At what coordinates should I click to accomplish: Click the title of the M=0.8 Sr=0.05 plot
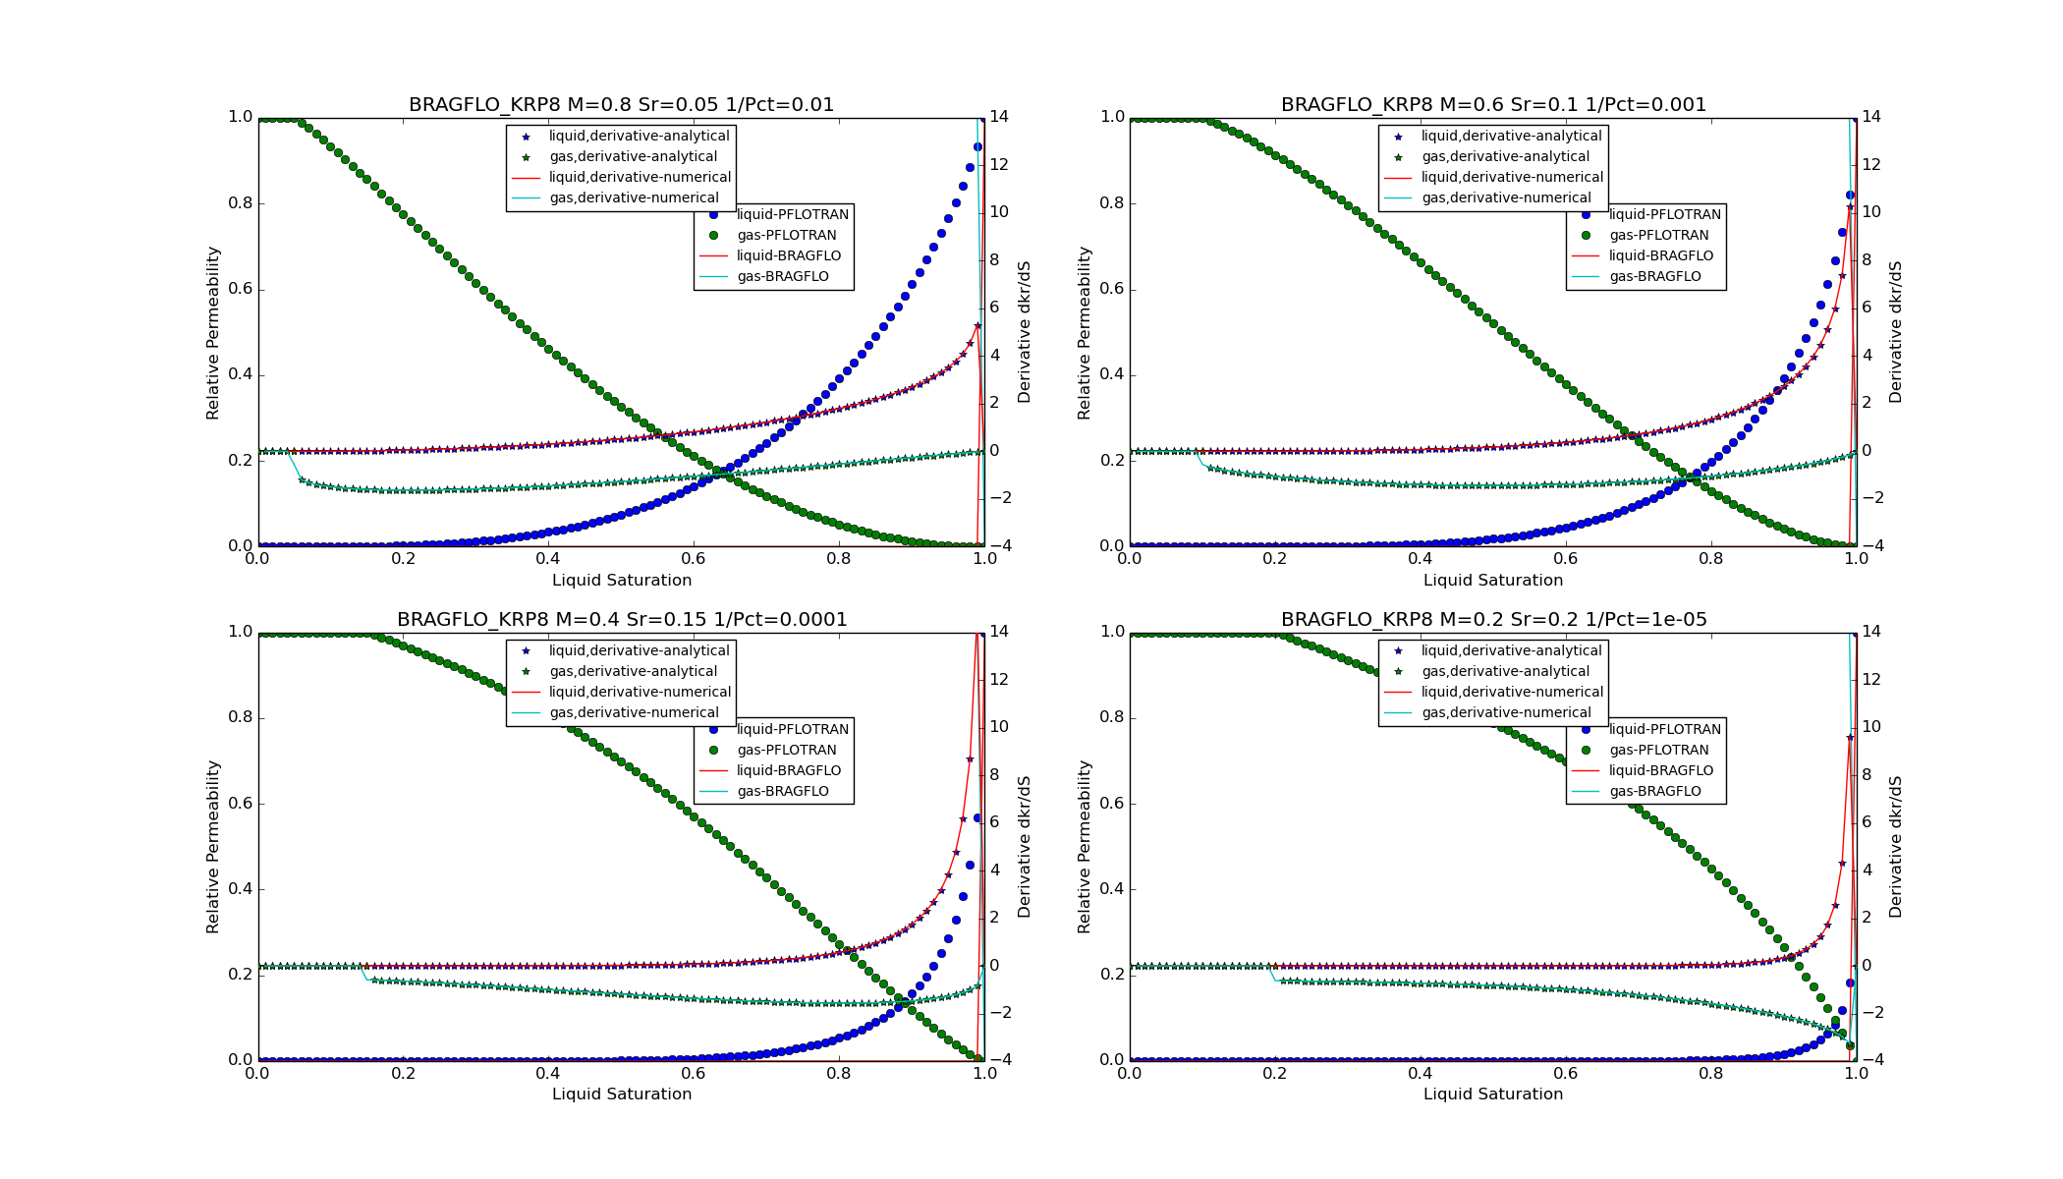point(621,105)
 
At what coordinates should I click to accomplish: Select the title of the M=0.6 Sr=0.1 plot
point(1493,105)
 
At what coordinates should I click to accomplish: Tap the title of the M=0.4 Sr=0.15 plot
point(621,620)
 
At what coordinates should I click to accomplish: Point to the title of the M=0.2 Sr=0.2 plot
point(1493,620)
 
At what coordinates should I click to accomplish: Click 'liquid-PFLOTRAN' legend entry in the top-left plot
point(792,215)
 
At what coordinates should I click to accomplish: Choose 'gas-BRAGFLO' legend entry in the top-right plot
point(1654,277)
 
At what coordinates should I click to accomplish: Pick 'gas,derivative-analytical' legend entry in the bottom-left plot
point(633,672)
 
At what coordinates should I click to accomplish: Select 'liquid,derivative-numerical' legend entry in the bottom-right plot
point(1512,693)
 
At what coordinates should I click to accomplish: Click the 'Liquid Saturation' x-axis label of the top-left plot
point(621,581)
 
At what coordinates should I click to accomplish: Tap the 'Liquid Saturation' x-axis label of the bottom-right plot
point(1493,1095)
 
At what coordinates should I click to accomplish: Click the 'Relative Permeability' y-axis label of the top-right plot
point(1085,332)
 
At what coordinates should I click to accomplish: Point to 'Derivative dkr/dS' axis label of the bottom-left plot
point(1025,847)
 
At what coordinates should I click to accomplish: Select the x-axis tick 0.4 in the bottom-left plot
point(548,1074)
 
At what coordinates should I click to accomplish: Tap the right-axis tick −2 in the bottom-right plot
point(1870,1013)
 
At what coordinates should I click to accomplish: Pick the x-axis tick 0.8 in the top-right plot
point(1711,559)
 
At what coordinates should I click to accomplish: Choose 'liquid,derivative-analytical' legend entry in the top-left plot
point(639,137)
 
